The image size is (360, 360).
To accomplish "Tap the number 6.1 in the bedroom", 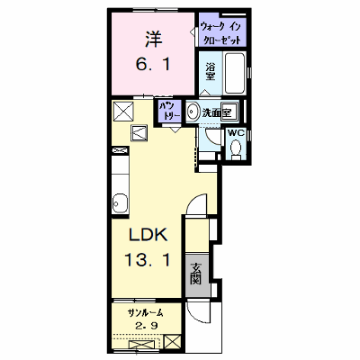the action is click(x=153, y=64).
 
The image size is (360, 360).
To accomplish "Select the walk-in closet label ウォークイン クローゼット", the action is click(x=220, y=33).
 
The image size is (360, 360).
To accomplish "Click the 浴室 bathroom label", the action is click(x=211, y=71).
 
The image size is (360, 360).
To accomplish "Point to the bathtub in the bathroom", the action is click(x=235, y=73).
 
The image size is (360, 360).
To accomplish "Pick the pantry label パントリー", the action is click(x=170, y=110).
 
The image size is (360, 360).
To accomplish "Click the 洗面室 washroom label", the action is click(x=217, y=112).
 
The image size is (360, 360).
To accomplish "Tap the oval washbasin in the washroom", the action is click(x=192, y=112).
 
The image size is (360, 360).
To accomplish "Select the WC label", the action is click(x=237, y=133).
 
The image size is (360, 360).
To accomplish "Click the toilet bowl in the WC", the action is click(x=237, y=148).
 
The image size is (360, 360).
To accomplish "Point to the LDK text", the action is click(x=148, y=235).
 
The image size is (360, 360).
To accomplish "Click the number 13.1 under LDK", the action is click(x=148, y=260).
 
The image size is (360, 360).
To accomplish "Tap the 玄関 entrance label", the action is click(x=196, y=274).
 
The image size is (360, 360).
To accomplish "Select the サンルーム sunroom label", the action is click(x=146, y=313).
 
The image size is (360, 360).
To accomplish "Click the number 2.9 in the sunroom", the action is click(x=146, y=325).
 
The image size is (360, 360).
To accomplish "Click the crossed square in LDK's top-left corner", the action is click(x=123, y=112).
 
